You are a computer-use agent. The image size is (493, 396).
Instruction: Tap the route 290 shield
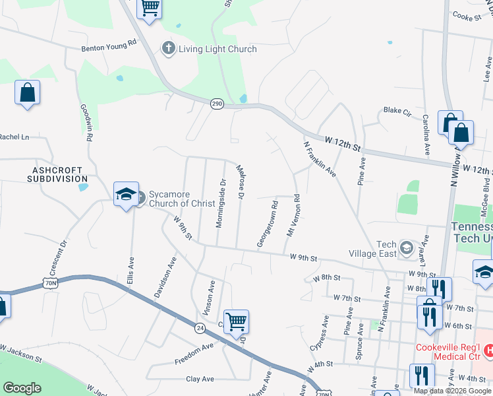pyautogui.click(x=217, y=104)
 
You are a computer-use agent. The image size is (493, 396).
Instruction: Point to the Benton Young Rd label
pyautogui.click(x=108, y=45)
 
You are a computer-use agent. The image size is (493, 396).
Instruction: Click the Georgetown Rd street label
pyautogui.click(x=267, y=225)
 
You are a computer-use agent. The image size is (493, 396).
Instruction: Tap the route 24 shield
pyautogui.click(x=200, y=327)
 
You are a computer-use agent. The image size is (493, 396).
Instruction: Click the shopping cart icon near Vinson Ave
pyautogui.click(x=236, y=322)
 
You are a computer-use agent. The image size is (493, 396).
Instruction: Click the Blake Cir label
pyautogui.click(x=397, y=111)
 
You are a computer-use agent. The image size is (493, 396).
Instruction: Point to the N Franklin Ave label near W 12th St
pyautogui.click(x=320, y=159)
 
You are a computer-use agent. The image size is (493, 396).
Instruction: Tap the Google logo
pyautogui.click(x=22, y=388)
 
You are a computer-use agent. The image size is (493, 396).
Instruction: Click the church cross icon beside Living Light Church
pyautogui.click(x=168, y=48)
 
